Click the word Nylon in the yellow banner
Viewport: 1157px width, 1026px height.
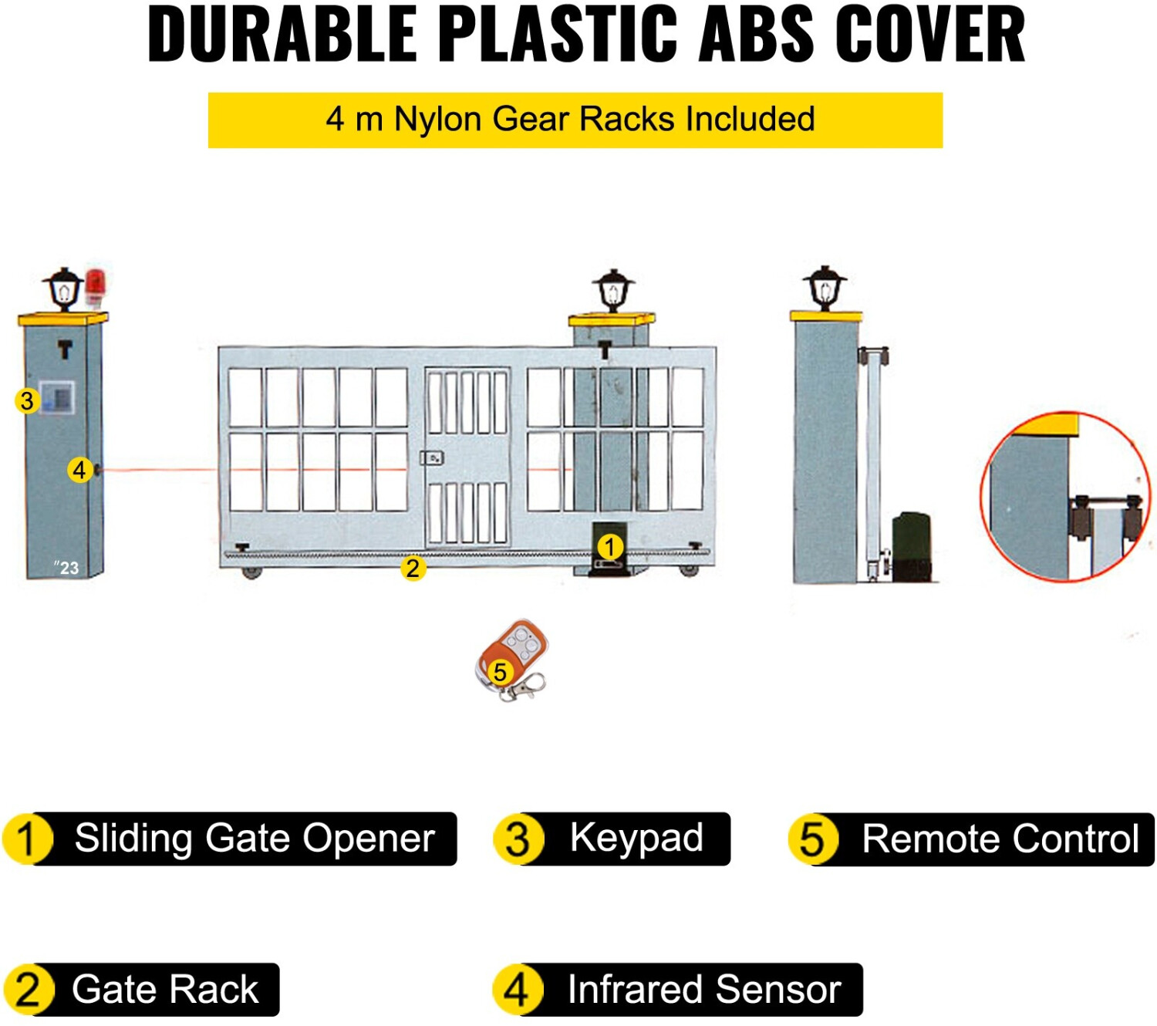(x=438, y=120)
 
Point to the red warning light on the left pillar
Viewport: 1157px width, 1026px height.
(x=95, y=285)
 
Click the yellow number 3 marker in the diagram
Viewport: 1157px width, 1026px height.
(x=27, y=400)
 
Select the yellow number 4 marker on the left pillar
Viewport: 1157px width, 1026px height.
(x=79, y=469)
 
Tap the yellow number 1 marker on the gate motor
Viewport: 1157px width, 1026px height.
(x=609, y=547)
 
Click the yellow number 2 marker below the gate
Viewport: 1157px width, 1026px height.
(x=413, y=569)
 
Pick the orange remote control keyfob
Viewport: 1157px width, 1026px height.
(x=512, y=656)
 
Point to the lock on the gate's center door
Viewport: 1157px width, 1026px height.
(x=432, y=458)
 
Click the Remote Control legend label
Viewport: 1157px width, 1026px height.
(x=999, y=839)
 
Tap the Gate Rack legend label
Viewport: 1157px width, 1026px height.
(x=164, y=990)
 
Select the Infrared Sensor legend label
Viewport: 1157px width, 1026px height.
(x=703, y=990)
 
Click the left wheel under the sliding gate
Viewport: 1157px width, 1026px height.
(x=251, y=572)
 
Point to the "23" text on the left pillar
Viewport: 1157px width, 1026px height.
(x=67, y=568)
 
